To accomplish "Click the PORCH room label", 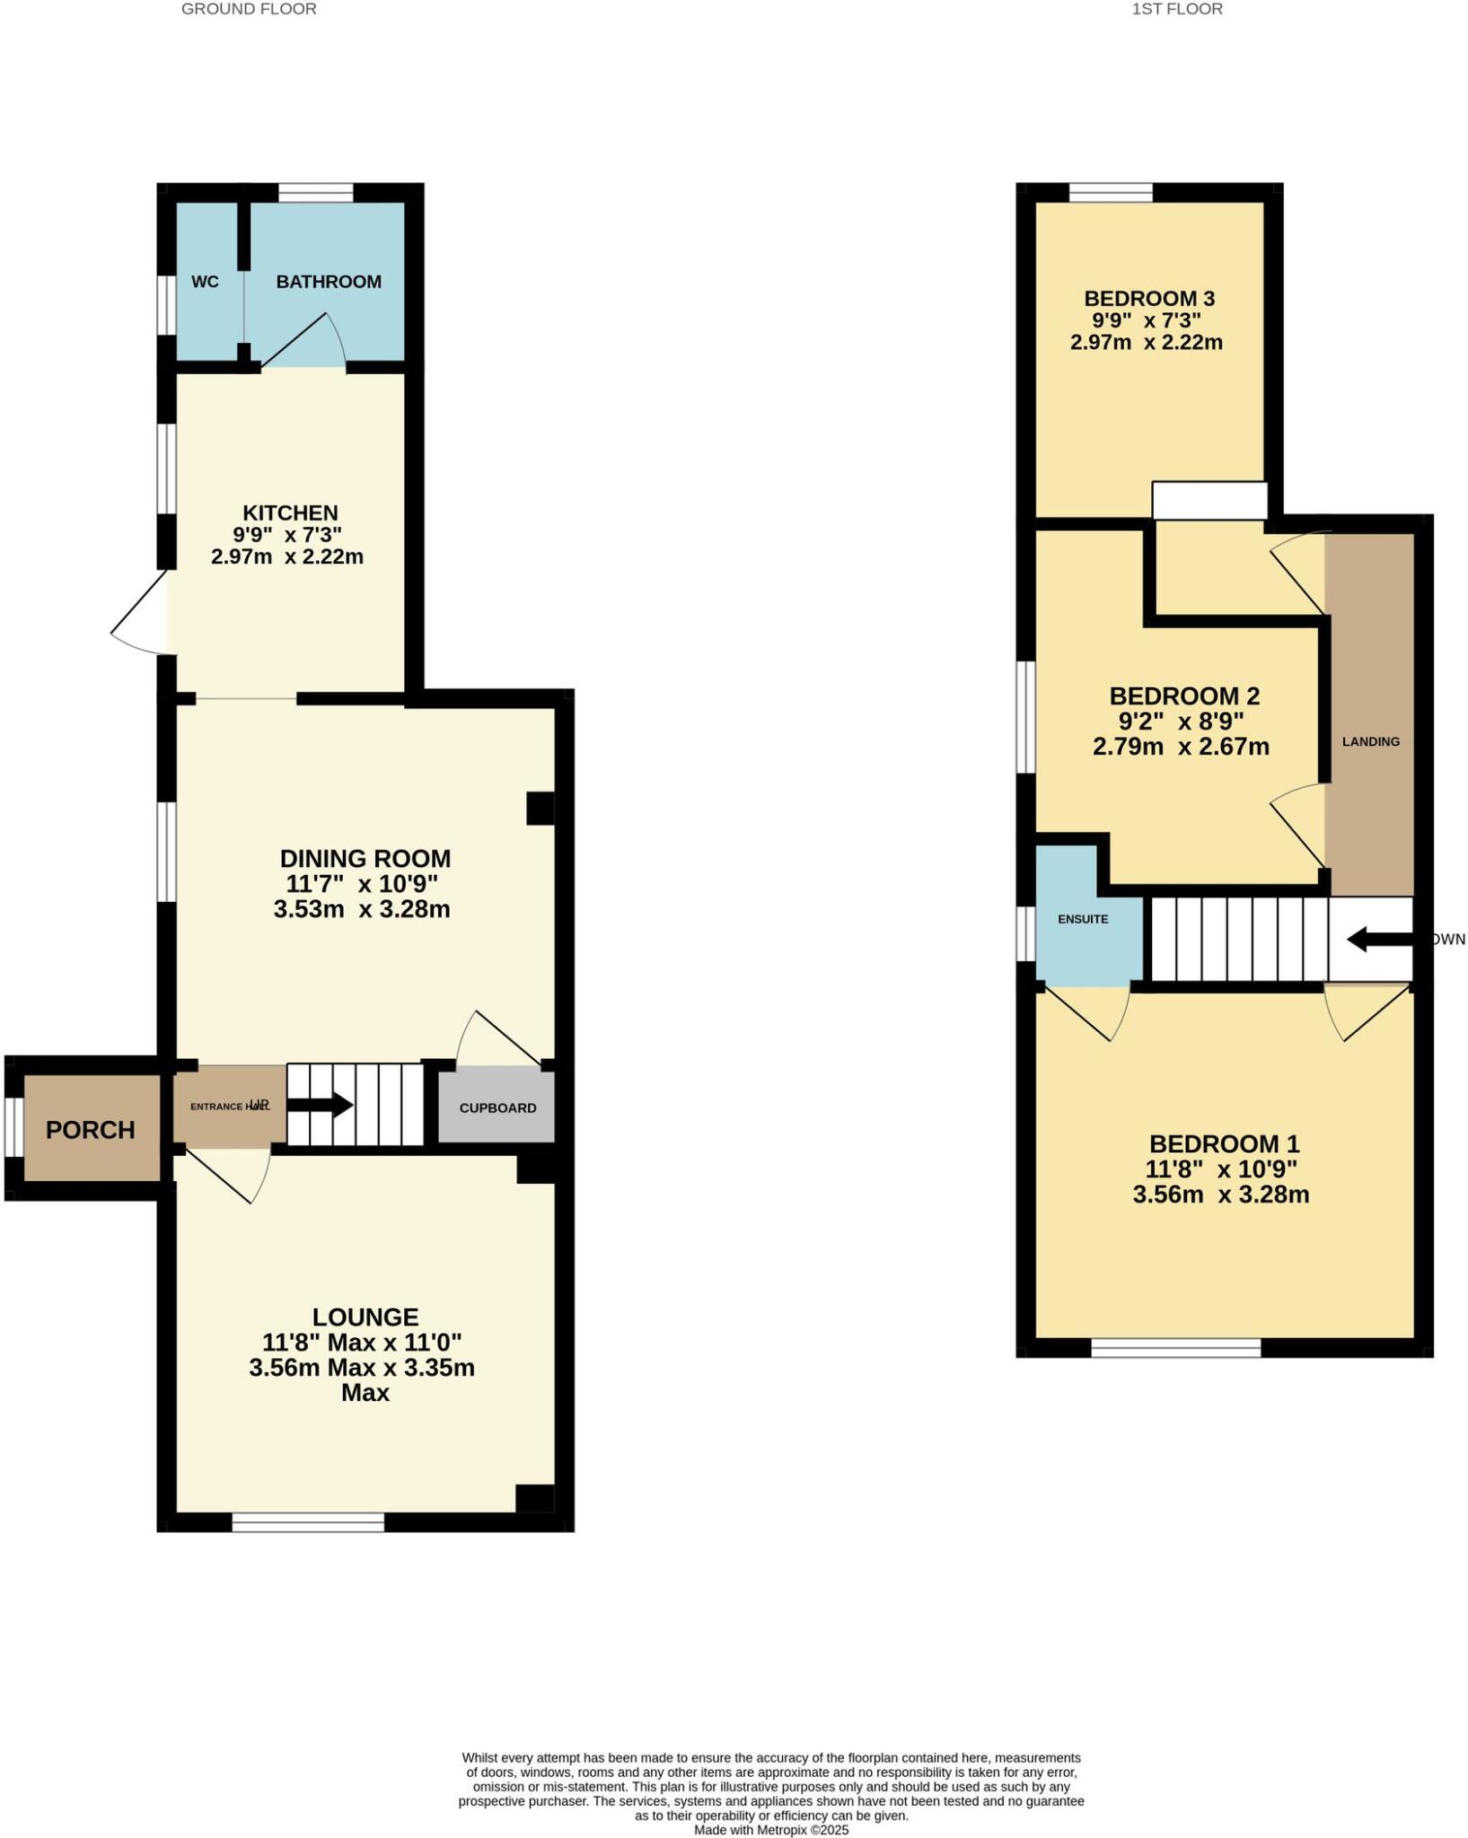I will [x=90, y=1129].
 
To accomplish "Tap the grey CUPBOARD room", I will [x=497, y=1106].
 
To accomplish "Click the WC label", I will [x=205, y=282].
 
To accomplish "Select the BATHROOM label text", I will [x=329, y=282].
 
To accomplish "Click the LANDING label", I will [x=1370, y=741].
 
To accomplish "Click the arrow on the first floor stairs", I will [x=1378, y=940].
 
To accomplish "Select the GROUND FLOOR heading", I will [x=249, y=9].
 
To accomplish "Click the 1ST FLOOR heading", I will [x=1176, y=9].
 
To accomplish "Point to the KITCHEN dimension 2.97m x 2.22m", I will [x=287, y=557].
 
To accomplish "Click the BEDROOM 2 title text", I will [x=1184, y=696].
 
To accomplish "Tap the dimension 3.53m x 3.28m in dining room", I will [x=362, y=909].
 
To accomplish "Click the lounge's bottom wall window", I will [x=308, y=1522].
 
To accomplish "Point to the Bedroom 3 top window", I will [x=1111, y=192].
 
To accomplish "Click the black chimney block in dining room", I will [x=540, y=808].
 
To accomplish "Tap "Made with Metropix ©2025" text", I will [x=770, y=1830].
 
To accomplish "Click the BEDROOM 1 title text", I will [x=1224, y=1143].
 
